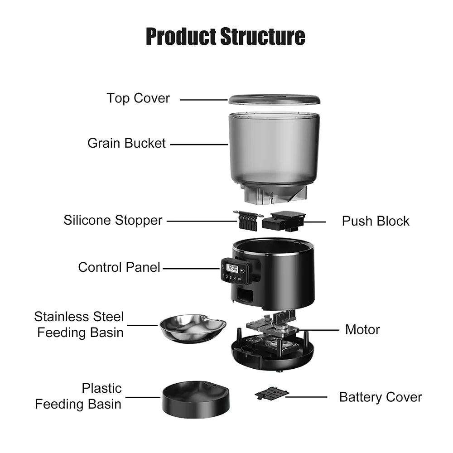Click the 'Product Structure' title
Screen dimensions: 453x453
coord(225,36)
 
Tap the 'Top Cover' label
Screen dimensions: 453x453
coord(138,98)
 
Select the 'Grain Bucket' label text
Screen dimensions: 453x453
coord(127,144)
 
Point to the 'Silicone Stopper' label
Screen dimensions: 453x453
coord(113,221)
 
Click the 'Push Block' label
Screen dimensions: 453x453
coord(376,221)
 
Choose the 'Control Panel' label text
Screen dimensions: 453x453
coord(119,267)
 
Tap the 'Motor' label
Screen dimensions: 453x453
coord(362,329)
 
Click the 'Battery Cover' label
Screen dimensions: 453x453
coord(381,397)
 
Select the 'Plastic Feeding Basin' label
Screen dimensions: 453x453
coord(78,396)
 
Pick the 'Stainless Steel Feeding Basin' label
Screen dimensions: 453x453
coord(79,324)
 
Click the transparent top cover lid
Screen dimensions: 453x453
coord(274,99)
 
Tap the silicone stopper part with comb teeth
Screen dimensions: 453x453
coord(248,219)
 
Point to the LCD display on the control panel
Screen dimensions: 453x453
coord(232,268)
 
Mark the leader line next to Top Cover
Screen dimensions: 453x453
coord(204,99)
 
